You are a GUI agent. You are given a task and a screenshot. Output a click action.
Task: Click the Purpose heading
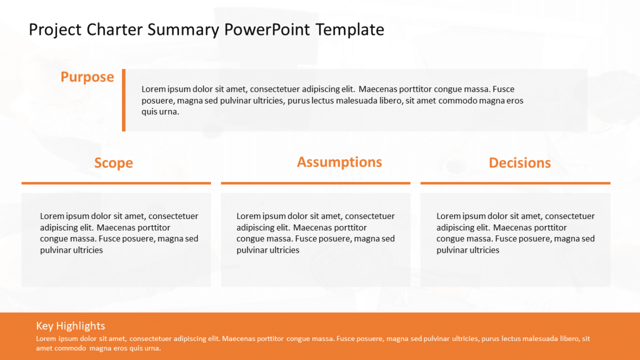87,77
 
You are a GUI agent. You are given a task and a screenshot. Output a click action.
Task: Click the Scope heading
113,163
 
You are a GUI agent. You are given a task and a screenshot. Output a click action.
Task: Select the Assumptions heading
340,162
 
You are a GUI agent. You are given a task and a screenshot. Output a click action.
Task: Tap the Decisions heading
520,163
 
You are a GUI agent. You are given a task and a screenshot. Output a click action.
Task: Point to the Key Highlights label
71,326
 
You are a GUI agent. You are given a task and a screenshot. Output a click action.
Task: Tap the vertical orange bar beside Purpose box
124,100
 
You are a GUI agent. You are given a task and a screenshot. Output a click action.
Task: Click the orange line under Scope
116,183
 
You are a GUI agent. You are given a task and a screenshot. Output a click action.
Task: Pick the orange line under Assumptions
316,183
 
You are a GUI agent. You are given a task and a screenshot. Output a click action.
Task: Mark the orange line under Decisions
515,183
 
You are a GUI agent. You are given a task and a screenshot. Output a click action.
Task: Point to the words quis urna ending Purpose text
160,112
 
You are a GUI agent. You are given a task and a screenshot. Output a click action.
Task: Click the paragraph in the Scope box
119,233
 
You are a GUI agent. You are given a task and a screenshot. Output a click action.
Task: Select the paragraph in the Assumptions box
316,233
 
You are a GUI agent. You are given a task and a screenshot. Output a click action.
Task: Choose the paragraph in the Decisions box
515,233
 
